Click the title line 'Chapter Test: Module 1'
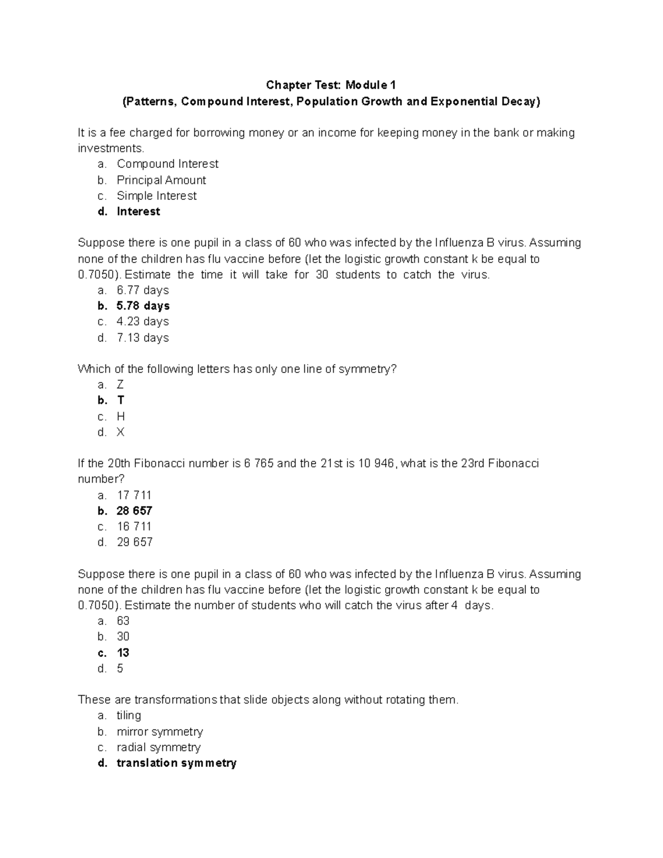pos(331,85)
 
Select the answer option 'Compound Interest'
pos(167,164)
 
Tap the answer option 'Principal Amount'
pos(161,180)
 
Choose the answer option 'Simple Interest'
pos(156,196)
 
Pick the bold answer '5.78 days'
pos(143,306)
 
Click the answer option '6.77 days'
pos(143,291)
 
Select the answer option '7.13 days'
pos(143,338)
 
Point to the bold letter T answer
pos(121,401)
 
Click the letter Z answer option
pos(120,385)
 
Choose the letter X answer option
pos(120,433)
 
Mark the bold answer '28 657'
pos(134,511)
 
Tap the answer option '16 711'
pos(134,527)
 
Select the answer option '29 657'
pos(134,543)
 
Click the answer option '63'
pos(123,621)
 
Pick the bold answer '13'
pos(123,653)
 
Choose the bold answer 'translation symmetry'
pos(176,764)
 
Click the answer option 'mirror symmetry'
pos(160,732)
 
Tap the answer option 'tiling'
pos(129,716)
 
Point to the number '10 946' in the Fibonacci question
pos(376,464)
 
